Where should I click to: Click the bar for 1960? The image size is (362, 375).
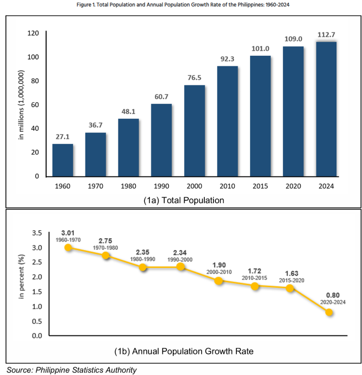click(x=63, y=160)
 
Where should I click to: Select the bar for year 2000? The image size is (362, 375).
click(x=194, y=131)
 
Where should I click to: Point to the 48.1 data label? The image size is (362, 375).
click(x=128, y=112)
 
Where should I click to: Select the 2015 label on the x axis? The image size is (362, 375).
click(x=260, y=186)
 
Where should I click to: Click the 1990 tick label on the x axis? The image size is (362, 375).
click(x=161, y=186)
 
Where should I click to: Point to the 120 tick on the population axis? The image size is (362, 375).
click(x=32, y=33)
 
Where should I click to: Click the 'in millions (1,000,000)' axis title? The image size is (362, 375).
click(x=21, y=105)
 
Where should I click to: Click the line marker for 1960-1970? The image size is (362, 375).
click(x=68, y=247)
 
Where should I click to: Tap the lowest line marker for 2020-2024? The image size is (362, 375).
click(x=329, y=312)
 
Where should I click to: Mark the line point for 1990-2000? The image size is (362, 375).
click(x=181, y=267)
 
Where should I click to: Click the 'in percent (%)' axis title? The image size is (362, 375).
click(x=21, y=284)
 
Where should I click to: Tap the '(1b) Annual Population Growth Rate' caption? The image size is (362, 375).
click(x=182, y=351)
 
